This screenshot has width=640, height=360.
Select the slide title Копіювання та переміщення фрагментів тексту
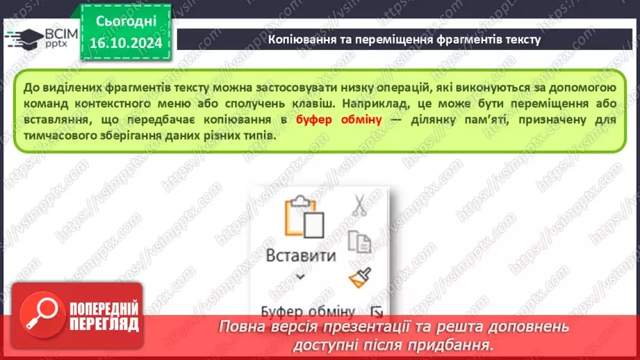point(404,40)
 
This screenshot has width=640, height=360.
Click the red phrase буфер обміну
point(339,119)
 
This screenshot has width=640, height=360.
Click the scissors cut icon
point(359,205)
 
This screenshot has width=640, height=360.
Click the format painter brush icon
point(359,277)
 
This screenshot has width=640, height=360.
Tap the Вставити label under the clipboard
point(301,255)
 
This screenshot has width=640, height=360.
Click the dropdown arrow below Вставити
point(301,276)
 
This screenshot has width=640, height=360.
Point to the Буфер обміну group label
point(308,311)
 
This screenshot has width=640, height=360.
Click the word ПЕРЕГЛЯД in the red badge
point(104,323)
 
